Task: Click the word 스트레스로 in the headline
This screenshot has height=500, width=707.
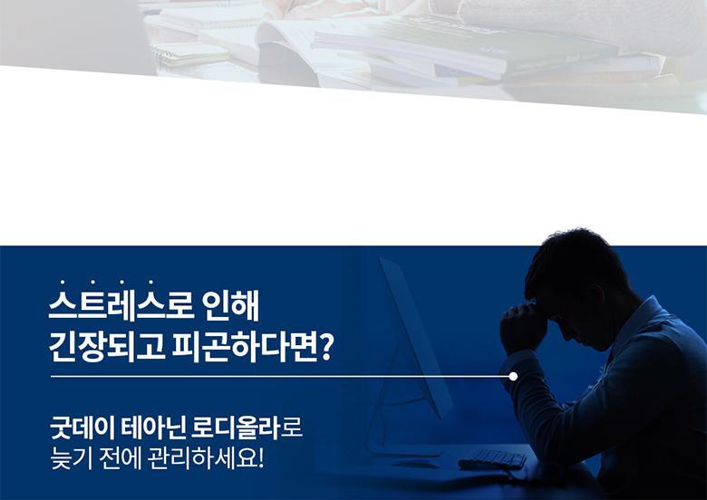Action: click(x=121, y=307)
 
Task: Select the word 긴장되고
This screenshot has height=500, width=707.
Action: click(x=107, y=347)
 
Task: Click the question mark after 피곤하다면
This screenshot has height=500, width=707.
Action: click(x=327, y=348)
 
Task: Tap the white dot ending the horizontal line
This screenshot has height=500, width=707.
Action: click(x=513, y=376)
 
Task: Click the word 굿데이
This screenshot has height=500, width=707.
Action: click(x=82, y=428)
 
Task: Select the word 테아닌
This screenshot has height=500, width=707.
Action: click(x=153, y=428)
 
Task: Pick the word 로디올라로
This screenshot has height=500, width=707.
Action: click(x=247, y=428)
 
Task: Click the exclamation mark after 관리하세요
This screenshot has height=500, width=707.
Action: click(x=261, y=459)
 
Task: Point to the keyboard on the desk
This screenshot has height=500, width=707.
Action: click(x=492, y=459)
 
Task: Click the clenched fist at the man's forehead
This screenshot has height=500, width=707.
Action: click(x=523, y=327)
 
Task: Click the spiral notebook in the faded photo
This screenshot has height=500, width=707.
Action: click(x=190, y=54)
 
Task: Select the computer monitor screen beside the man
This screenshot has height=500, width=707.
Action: click(x=415, y=338)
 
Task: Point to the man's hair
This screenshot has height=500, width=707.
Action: click(x=575, y=261)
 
